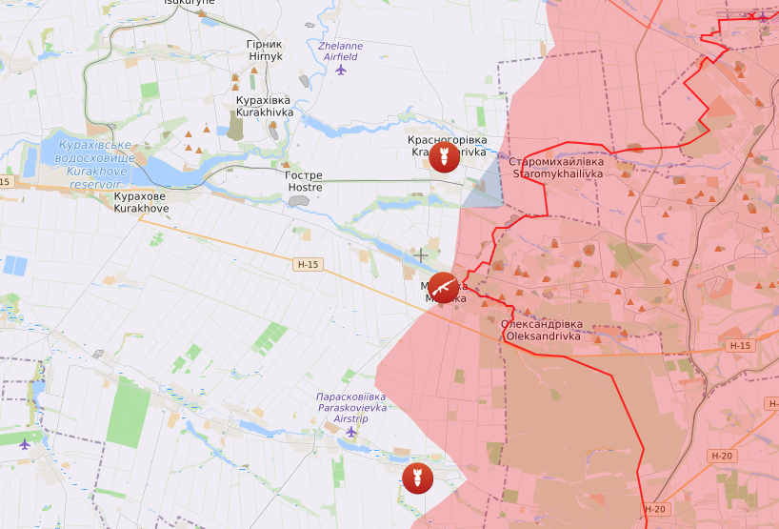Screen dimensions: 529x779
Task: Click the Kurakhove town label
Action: click(x=141, y=202)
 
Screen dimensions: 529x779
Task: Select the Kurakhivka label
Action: click(x=264, y=106)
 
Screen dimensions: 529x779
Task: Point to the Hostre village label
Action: click(x=305, y=181)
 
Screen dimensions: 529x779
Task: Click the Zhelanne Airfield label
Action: click(x=340, y=51)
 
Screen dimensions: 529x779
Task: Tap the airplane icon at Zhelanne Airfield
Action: click(x=341, y=69)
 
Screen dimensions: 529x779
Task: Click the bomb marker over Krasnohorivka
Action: click(x=440, y=157)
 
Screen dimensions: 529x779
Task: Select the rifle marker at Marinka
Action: click(x=443, y=285)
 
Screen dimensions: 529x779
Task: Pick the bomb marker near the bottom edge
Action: click(x=415, y=477)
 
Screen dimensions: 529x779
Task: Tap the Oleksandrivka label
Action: click(x=542, y=330)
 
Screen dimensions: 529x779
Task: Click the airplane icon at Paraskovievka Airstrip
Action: click(x=350, y=431)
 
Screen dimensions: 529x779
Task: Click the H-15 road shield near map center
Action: click(x=309, y=264)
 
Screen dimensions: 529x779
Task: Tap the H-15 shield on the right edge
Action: click(x=739, y=345)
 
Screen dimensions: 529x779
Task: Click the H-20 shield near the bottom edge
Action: click(x=654, y=509)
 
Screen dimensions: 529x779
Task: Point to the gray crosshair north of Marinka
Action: click(x=421, y=255)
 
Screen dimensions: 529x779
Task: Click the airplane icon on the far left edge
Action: click(x=24, y=443)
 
